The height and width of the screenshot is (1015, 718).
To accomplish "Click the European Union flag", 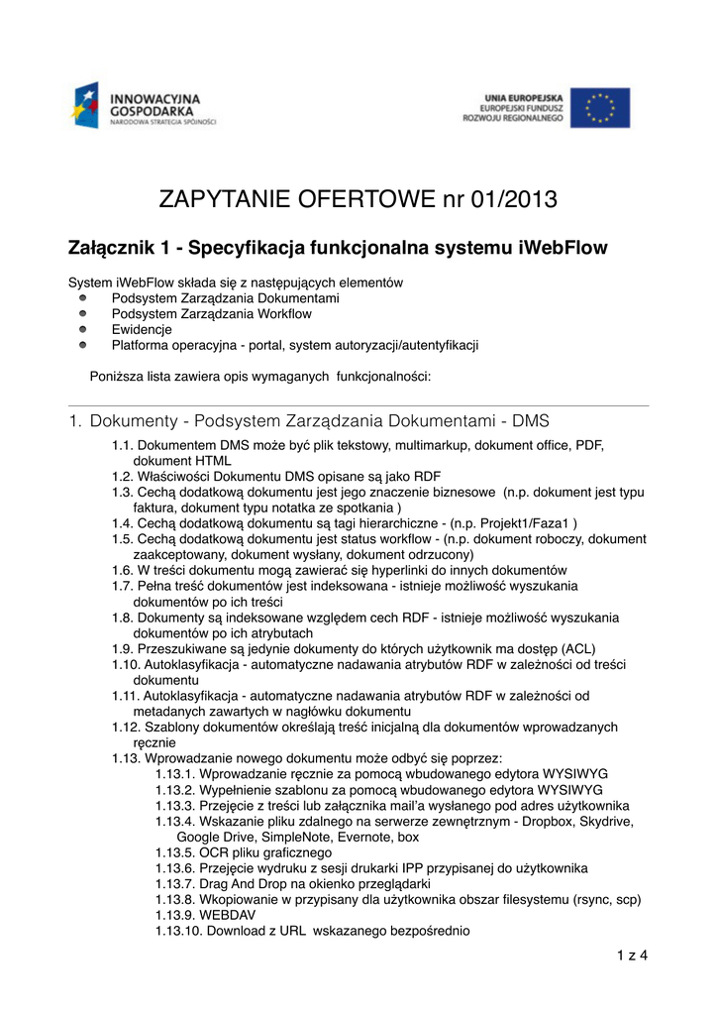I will (606, 108).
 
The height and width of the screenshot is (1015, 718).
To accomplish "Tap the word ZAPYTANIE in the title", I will (227, 200).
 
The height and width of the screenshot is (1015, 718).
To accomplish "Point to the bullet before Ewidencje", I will (84, 329).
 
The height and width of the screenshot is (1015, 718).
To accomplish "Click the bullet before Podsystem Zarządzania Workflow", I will (84, 313).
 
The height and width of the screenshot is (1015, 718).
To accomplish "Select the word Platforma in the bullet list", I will (141, 345).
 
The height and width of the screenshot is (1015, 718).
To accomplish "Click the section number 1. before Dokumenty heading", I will (75, 421).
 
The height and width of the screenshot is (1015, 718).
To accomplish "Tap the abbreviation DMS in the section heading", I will (530, 421).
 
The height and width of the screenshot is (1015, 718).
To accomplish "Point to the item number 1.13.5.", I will (174, 851).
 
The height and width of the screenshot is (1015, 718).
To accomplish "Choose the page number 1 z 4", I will (631, 956).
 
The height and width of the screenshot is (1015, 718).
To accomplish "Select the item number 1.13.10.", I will (178, 931).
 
